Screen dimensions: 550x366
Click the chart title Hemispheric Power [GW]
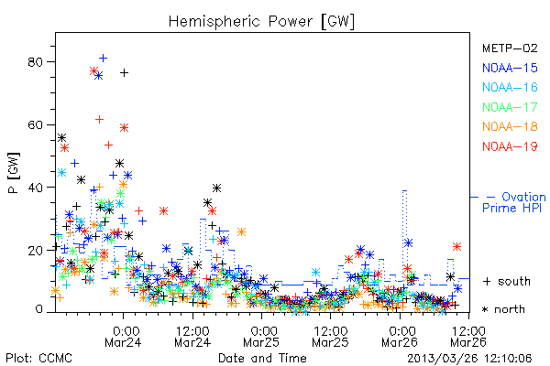(261, 21)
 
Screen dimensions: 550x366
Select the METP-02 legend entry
(510, 48)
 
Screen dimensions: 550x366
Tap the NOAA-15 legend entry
(510, 68)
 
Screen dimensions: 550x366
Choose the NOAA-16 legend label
(510, 87)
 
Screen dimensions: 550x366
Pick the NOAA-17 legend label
(510, 107)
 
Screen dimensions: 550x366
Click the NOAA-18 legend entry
(510, 126)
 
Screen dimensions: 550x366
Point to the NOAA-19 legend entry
(510, 146)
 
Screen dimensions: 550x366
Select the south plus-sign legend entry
(507, 281)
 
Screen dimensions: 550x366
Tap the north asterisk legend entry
(503, 309)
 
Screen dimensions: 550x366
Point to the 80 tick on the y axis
(35, 62)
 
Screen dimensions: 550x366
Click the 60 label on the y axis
(35, 125)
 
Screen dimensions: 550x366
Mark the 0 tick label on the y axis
(38, 309)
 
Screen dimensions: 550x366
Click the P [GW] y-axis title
(15, 173)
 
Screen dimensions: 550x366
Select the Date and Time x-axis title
(262, 358)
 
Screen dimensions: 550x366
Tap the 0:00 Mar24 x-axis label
(123, 337)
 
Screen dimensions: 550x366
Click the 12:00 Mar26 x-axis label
(468, 337)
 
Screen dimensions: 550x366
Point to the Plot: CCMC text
(38, 358)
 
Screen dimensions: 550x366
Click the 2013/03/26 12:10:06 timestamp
(469, 359)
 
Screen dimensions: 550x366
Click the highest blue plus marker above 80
(103, 58)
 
